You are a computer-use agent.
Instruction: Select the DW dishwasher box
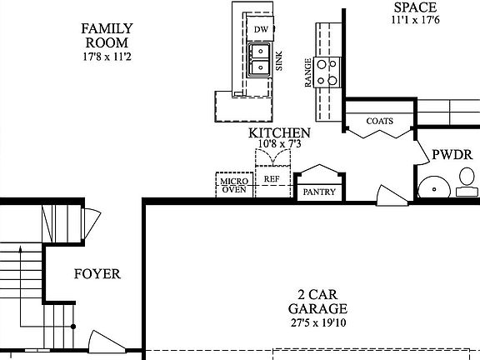[261, 29]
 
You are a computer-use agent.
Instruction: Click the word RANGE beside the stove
[308, 73]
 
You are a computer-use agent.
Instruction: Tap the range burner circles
[329, 72]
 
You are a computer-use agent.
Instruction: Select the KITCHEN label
[279, 133]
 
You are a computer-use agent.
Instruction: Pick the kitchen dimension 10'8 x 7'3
[279, 144]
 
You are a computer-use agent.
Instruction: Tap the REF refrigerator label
[272, 179]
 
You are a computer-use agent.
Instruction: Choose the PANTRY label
[319, 192]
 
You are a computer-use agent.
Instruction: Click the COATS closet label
[379, 121]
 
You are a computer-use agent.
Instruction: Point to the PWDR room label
[452, 155]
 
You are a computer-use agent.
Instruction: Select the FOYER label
[97, 274]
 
